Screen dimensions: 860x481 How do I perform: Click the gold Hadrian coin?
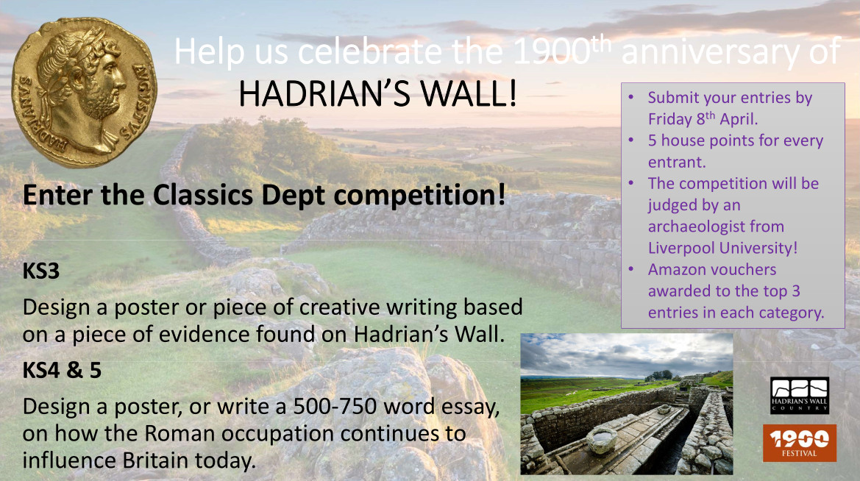point(85,92)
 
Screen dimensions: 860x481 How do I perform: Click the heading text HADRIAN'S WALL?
point(378,93)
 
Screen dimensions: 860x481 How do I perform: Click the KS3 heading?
point(41,271)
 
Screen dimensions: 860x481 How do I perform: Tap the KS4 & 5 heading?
point(62,370)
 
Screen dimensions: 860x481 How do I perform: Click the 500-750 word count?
point(335,407)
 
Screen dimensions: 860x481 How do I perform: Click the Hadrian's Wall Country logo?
point(799,396)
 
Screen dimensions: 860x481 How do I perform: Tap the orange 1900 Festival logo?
point(799,443)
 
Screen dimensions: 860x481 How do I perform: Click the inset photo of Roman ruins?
point(626,404)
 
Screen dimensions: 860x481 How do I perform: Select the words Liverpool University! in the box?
point(722,248)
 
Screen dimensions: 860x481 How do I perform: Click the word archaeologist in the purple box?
point(716,227)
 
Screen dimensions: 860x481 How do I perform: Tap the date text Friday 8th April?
point(703,118)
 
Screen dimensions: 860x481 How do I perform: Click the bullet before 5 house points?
point(631,140)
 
